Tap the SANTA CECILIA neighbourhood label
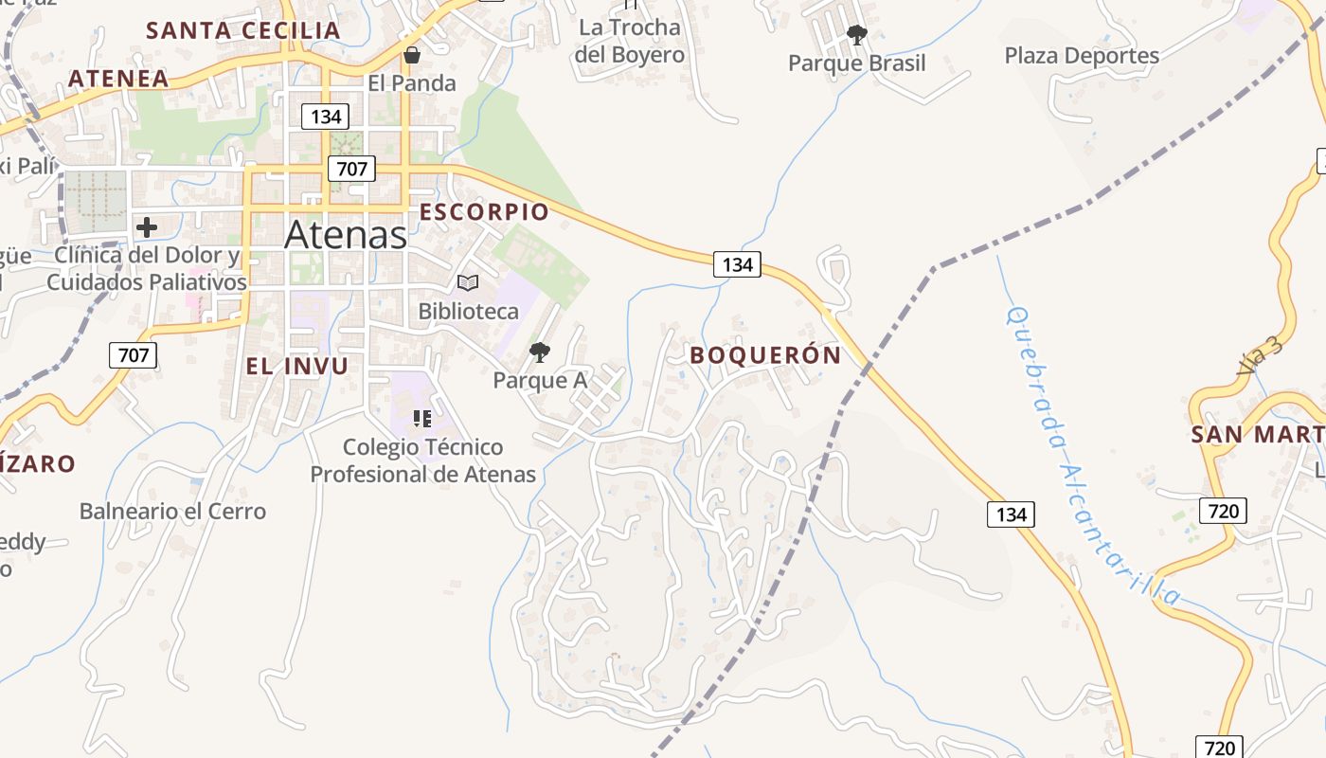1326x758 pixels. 242,30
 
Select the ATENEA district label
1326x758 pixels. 118,78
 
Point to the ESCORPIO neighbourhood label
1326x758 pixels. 484,211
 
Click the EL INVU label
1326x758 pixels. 297,366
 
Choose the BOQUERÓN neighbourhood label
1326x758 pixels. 765,355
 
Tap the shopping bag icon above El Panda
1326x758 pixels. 411,55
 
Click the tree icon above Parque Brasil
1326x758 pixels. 856,36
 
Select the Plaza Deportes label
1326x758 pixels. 1082,56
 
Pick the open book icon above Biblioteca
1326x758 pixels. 468,282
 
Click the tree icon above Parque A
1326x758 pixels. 540,352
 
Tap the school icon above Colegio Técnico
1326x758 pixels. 422,418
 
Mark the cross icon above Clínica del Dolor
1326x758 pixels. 147,227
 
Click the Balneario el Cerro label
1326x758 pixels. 172,512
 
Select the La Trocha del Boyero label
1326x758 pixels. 630,41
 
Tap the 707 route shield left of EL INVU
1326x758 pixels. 134,355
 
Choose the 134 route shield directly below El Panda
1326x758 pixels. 325,117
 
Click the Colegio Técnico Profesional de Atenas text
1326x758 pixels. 423,460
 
